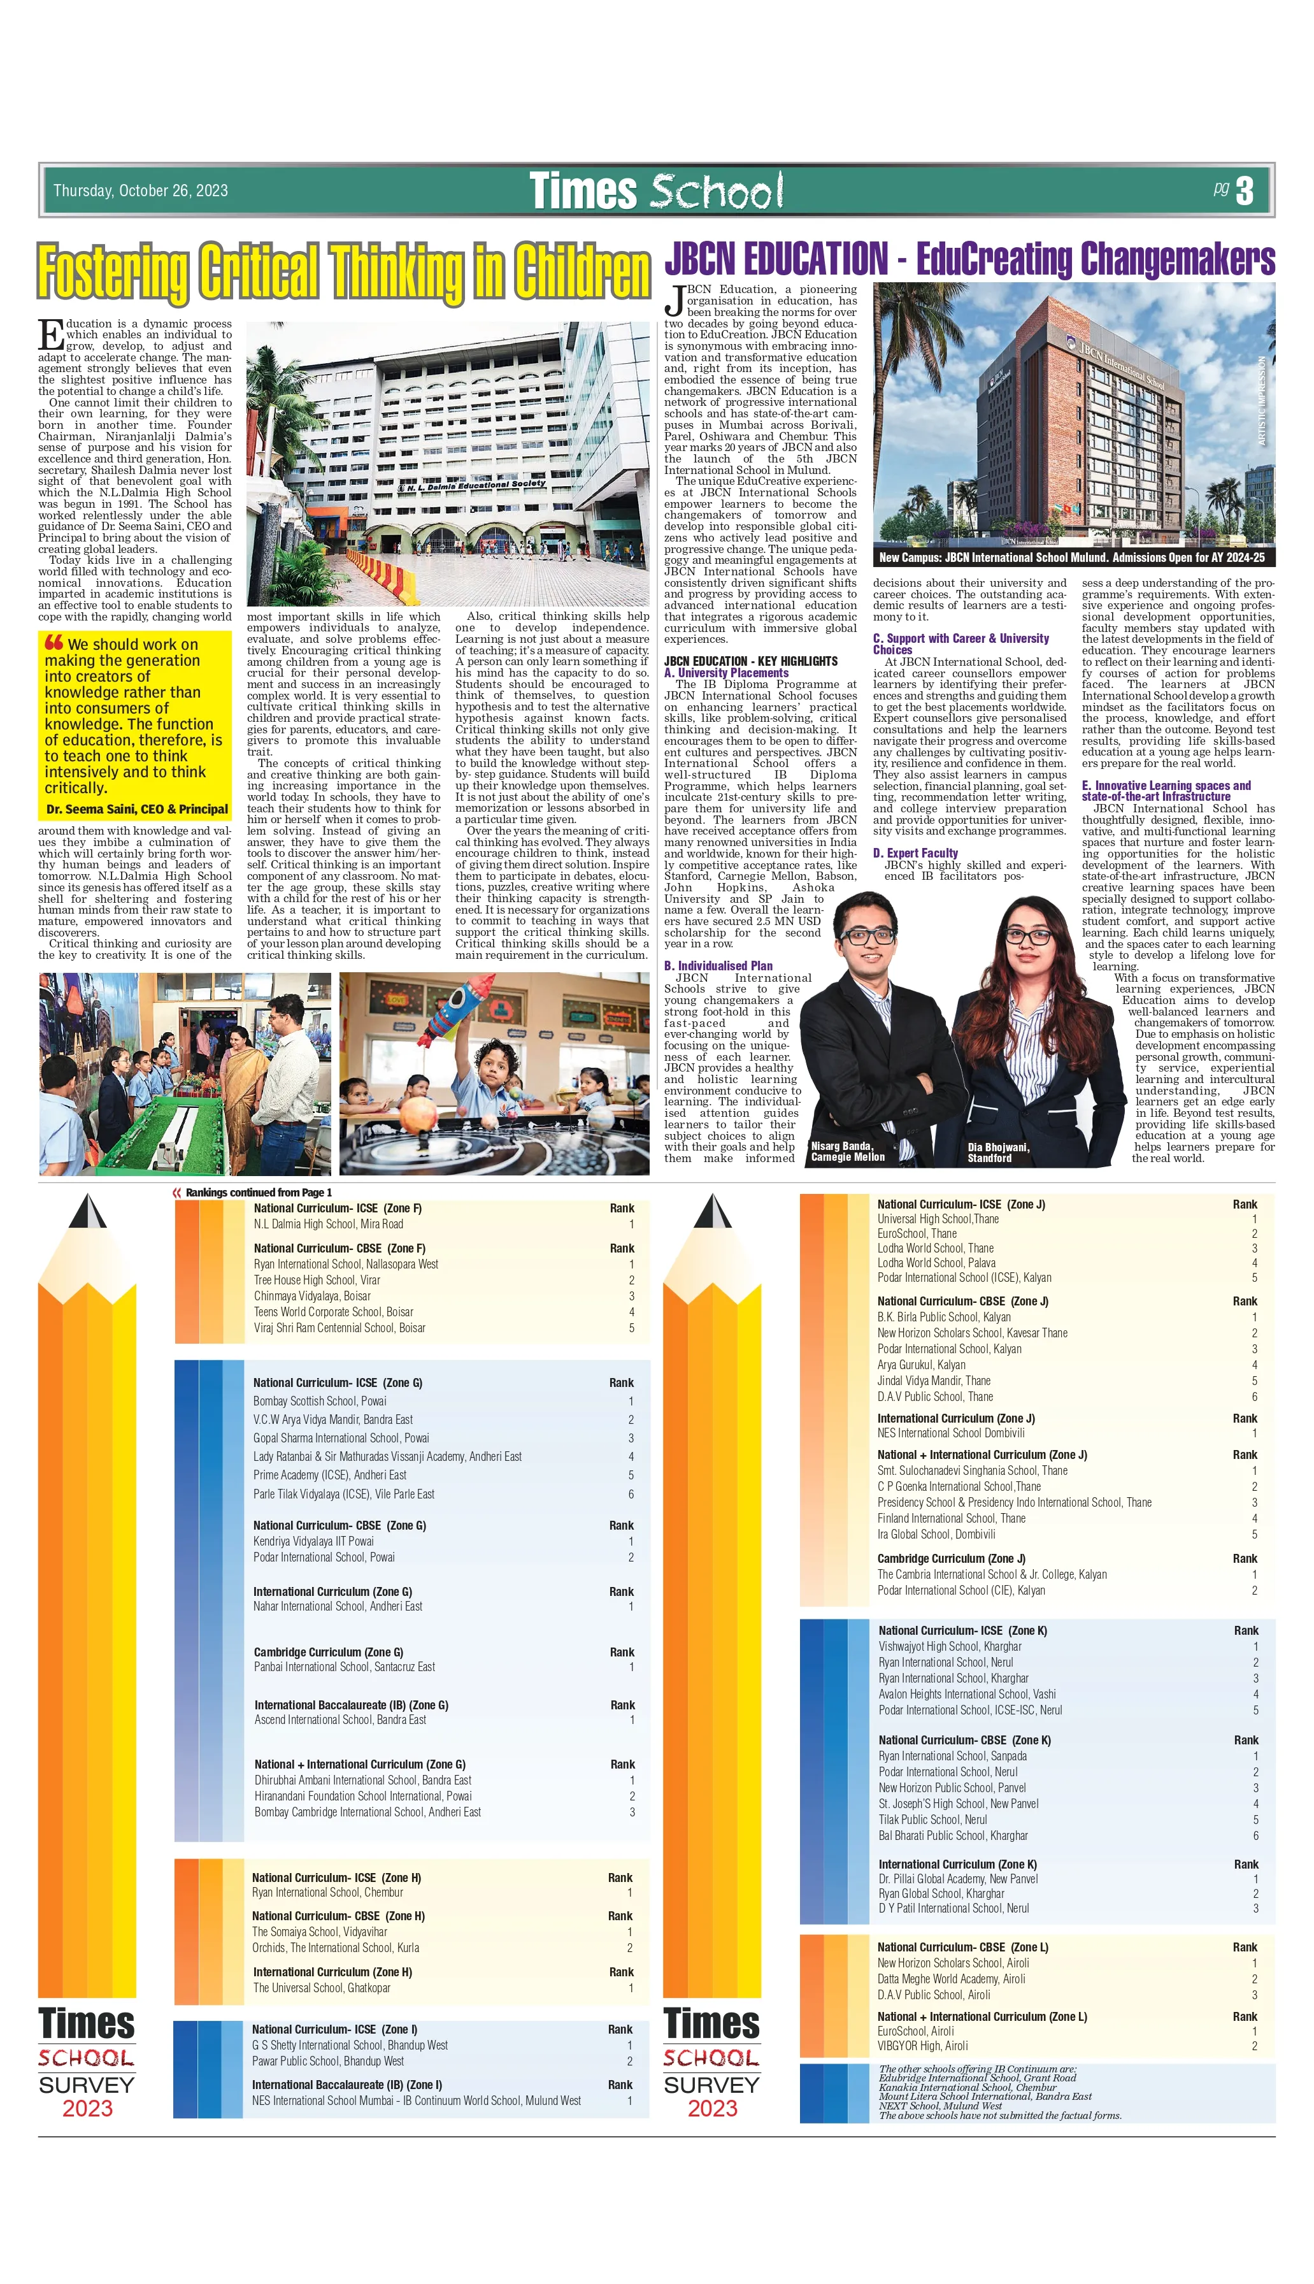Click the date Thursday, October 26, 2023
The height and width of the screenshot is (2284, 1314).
click(140, 190)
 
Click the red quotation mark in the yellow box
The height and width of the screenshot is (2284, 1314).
click(54, 643)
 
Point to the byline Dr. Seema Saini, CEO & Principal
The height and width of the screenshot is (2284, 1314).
click(137, 810)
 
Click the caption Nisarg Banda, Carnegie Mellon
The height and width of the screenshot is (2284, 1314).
click(846, 1151)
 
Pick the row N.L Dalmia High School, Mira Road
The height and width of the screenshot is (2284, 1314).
click(329, 1224)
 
